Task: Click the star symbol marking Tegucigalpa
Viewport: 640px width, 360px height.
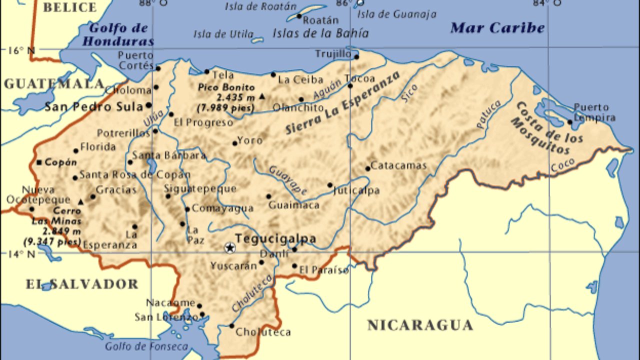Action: pyautogui.click(x=229, y=247)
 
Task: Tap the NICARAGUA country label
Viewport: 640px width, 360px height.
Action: pyautogui.click(x=420, y=325)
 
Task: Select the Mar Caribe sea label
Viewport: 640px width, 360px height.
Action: pyautogui.click(x=497, y=28)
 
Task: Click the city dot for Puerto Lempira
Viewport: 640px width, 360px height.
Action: pyautogui.click(x=570, y=121)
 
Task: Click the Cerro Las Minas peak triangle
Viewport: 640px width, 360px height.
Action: pyautogui.click(x=81, y=202)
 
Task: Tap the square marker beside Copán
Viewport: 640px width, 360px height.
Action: pyautogui.click(x=39, y=162)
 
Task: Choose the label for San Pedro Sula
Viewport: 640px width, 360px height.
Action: pyautogui.click(x=93, y=106)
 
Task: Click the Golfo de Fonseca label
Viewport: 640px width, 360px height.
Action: pyautogui.click(x=146, y=346)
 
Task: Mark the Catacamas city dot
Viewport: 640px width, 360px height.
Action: pyautogui.click(x=368, y=168)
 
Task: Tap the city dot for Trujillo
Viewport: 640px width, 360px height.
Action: pyautogui.click(x=356, y=56)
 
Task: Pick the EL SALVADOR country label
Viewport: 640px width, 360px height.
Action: pyautogui.click(x=81, y=284)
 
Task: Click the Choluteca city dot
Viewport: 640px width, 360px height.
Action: pyautogui.click(x=231, y=326)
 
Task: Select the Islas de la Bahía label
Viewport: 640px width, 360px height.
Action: pyautogui.click(x=320, y=33)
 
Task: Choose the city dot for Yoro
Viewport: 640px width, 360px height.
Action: pyautogui.click(x=234, y=143)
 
